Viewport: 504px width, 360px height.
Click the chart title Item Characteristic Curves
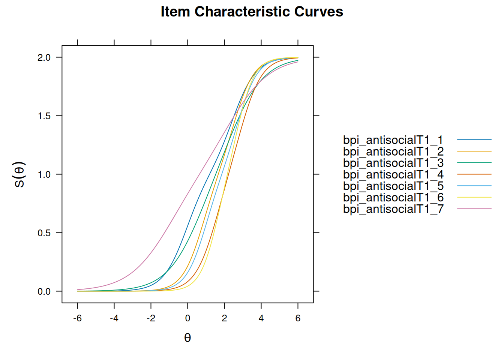click(252, 12)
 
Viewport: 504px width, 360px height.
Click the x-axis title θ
click(187, 338)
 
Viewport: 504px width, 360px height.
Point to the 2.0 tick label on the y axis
click(44, 58)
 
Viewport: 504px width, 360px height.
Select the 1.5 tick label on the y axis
click(44, 116)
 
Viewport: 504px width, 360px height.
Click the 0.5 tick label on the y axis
click(44, 233)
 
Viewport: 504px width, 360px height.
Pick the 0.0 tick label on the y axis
click(44, 292)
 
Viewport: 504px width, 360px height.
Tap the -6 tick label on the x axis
click(77, 318)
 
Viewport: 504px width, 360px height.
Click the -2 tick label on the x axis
click(151, 318)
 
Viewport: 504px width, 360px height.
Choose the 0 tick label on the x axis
click(187, 318)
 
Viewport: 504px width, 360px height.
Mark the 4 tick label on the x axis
click(261, 318)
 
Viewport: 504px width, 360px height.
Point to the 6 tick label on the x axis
click(298, 318)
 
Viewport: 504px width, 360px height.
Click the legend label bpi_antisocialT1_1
click(393, 140)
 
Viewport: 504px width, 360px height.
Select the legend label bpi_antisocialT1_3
click(393, 163)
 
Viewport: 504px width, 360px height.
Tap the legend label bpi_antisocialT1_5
click(393, 186)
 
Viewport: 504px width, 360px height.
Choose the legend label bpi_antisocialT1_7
click(393, 209)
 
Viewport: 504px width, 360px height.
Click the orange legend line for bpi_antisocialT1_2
click(474, 151)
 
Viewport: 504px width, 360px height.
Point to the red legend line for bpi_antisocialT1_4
click(474, 174)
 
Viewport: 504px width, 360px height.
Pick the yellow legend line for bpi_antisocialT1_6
click(474, 197)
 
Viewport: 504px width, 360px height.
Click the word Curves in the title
click(319, 12)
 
